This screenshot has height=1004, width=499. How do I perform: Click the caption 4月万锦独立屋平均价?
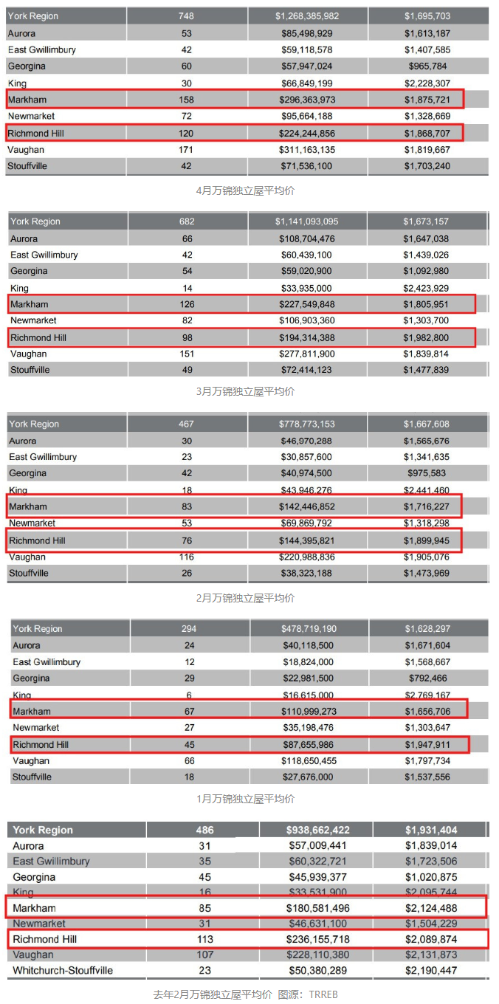point(246,190)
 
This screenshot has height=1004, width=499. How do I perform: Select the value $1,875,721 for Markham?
point(427,100)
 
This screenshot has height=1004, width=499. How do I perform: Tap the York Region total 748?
point(186,16)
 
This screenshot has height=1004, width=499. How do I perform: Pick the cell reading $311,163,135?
point(307,150)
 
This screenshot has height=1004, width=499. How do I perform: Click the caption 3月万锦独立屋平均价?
point(246,391)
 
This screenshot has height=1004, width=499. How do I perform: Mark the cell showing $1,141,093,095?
point(307,221)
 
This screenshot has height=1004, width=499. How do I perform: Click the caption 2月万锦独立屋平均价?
point(246,598)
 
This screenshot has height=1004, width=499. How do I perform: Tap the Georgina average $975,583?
point(427,473)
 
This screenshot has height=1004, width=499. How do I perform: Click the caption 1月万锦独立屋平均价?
point(246,799)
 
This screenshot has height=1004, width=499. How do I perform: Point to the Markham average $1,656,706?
point(427,712)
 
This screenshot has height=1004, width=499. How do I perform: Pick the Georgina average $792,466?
point(427,678)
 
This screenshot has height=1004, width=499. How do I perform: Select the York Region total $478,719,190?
point(309,629)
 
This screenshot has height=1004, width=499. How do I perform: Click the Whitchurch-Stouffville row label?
point(63,971)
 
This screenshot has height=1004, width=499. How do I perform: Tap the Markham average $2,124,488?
point(430,908)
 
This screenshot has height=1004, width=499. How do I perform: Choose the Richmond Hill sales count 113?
point(204,940)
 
